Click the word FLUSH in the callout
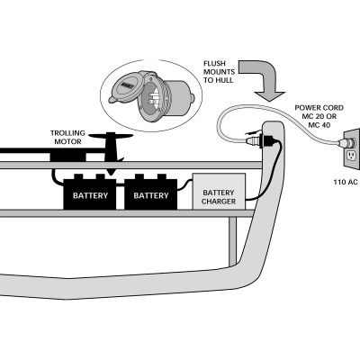219,62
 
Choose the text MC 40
319,125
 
